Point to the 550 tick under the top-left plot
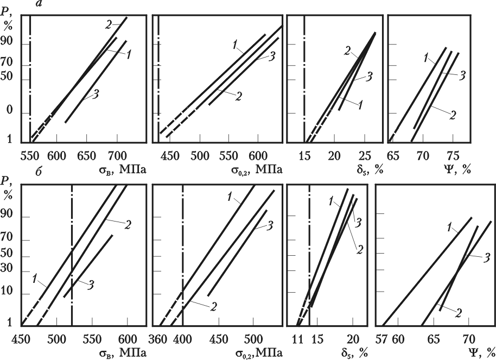pos(30,155)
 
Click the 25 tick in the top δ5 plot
pos(364,155)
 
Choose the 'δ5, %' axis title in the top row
pos(369,170)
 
